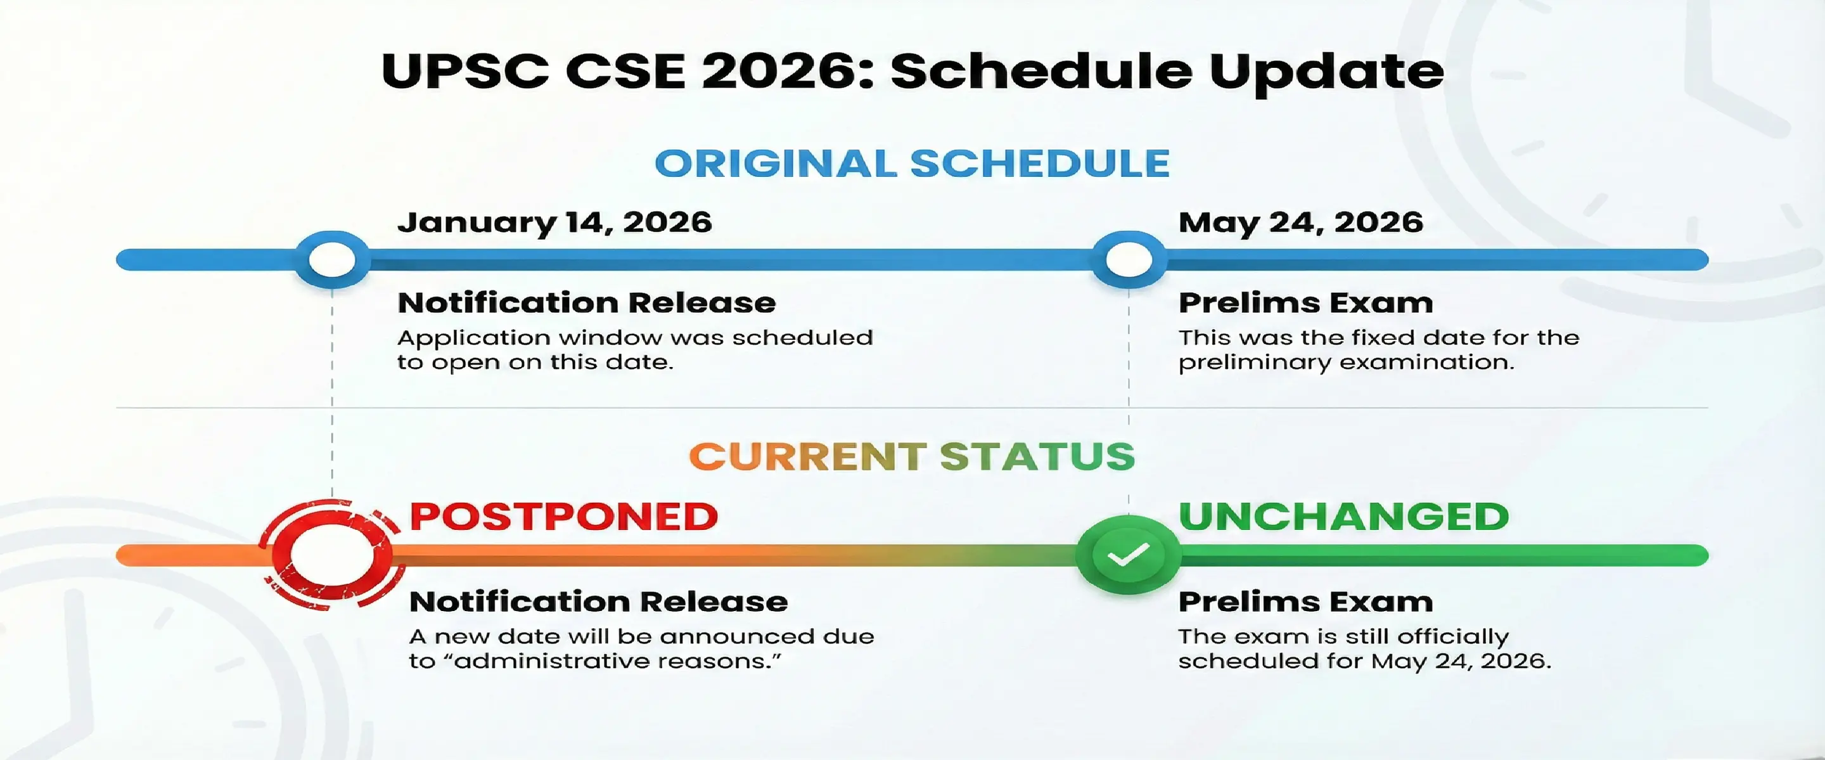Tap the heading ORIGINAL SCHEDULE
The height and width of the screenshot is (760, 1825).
(912, 164)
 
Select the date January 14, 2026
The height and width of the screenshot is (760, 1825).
(554, 222)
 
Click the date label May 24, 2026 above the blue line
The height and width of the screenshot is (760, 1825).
(1300, 222)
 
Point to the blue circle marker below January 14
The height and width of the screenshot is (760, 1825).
(331, 259)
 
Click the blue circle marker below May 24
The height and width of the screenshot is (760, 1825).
(1128, 259)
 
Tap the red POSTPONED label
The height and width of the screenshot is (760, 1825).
(564, 516)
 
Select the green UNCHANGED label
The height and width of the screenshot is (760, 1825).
(1343, 516)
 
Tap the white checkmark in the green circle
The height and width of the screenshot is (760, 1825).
(1128, 555)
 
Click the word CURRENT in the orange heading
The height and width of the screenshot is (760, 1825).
(807, 456)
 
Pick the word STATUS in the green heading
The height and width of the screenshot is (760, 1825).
(1037, 456)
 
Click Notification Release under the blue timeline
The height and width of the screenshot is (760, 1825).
(586, 303)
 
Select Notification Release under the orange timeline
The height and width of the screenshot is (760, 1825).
(598, 602)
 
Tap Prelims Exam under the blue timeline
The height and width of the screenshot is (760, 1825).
(1305, 303)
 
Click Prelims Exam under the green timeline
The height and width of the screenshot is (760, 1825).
(1305, 602)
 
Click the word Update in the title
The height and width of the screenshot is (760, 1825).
(1326, 71)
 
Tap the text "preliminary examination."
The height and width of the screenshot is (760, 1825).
(1345, 363)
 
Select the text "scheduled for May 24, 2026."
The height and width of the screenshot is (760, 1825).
(1364, 662)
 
